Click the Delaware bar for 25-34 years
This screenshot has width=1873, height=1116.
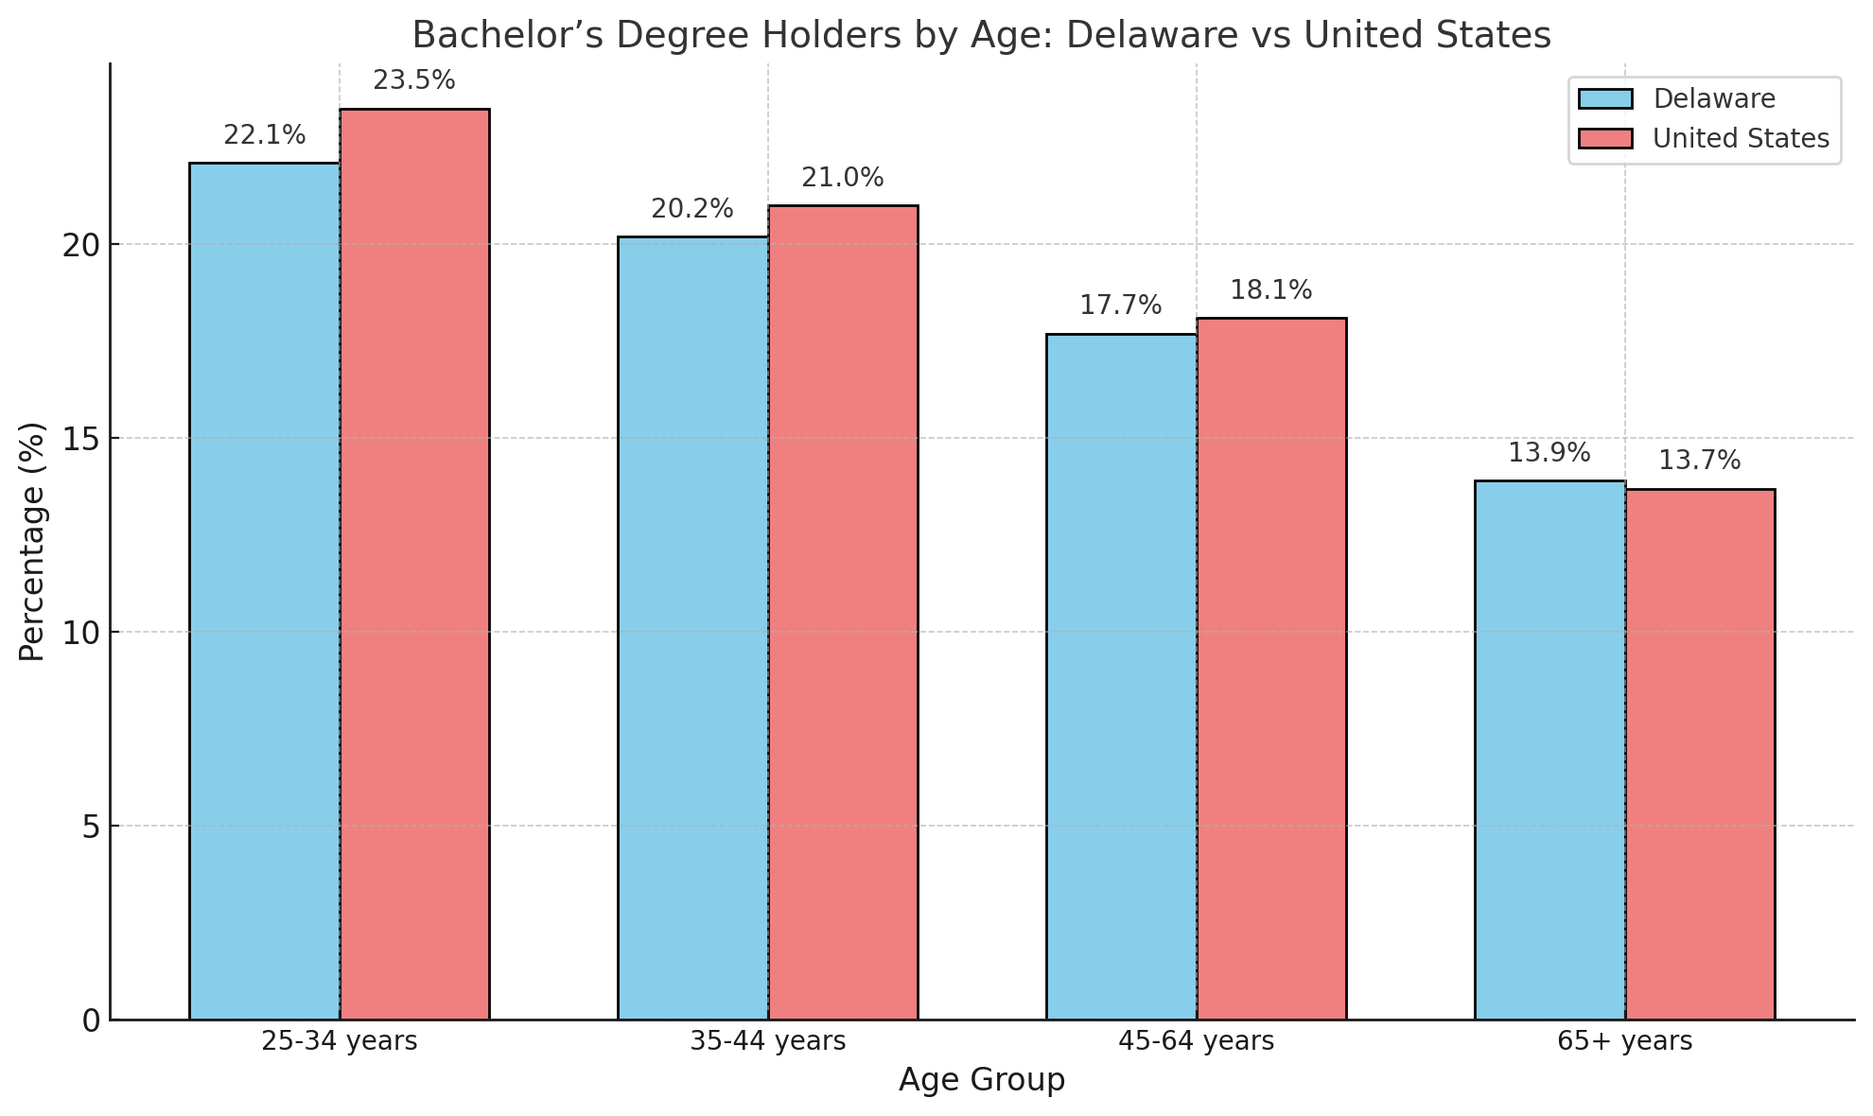click(264, 591)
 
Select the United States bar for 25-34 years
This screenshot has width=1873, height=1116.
click(414, 565)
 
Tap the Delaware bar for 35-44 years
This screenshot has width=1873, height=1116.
click(692, 628)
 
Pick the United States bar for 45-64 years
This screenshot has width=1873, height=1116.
click(1271, 669)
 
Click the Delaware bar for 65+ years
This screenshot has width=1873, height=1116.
click(1549, 750)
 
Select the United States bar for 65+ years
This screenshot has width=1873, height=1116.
click(1700, 754)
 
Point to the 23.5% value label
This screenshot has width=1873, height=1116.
click(414, 81)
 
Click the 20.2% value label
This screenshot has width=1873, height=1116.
click(692, 210)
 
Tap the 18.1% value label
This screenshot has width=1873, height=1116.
click(1271, 291)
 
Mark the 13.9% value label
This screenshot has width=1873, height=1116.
click(1549, 454)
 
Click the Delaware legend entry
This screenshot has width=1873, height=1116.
click(1713, 99)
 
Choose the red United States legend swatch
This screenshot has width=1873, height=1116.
click(1605, 139)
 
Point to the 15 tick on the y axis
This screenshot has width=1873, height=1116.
click(83, 439)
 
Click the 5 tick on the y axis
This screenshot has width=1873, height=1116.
click(92, 827)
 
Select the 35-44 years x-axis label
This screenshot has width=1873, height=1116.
click(768, 1042)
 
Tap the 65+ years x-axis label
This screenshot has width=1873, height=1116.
click(1625, 1042)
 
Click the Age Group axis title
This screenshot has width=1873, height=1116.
click(982, 1081)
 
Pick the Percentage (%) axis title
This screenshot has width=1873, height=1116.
click(32, 542)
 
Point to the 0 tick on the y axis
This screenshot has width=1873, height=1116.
click(92, 1020)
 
